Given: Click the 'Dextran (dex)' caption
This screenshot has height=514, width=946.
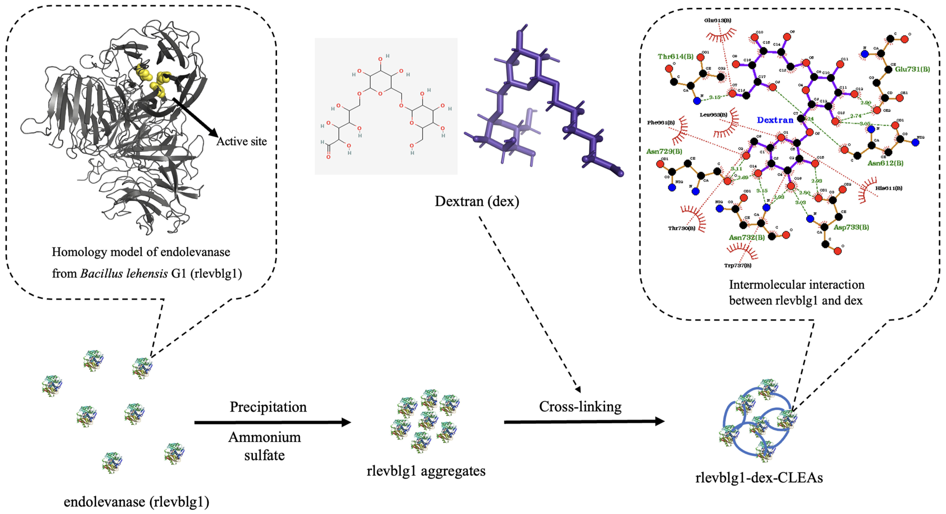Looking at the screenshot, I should (477, 201).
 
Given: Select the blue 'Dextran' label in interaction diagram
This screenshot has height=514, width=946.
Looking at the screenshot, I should (775, 120).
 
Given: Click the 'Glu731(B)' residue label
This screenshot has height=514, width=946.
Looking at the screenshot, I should (912, 69).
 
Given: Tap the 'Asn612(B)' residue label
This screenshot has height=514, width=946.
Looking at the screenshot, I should (885, 163).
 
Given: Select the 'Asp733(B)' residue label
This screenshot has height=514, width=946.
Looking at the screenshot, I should (851, 227).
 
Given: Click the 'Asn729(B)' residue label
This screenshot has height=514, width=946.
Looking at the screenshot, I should (664, 151).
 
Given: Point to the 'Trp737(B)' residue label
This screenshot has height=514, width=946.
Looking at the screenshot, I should (737, 265).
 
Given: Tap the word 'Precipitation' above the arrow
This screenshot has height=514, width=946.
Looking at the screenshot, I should (268, 407).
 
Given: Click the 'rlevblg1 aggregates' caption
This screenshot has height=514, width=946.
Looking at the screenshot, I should (426, 471).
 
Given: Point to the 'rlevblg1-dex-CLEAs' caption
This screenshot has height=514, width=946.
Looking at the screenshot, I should (759, 478).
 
